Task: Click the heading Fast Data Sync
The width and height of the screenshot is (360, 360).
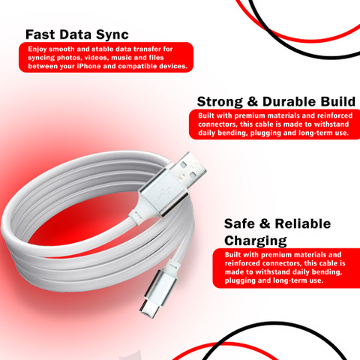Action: (x=77, y=34)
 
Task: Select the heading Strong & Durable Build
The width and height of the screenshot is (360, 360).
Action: (x=276, y=102)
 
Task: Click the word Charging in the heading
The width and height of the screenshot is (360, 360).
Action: (x=256, y=241)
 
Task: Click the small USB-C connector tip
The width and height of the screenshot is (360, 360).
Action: (x=149, y=309)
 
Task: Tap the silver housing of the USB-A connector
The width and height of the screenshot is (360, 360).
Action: (x=163, y=191)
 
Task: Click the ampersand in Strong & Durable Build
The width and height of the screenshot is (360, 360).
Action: (x=252, y=102)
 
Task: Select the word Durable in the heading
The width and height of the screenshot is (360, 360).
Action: (x=289, y=102)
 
